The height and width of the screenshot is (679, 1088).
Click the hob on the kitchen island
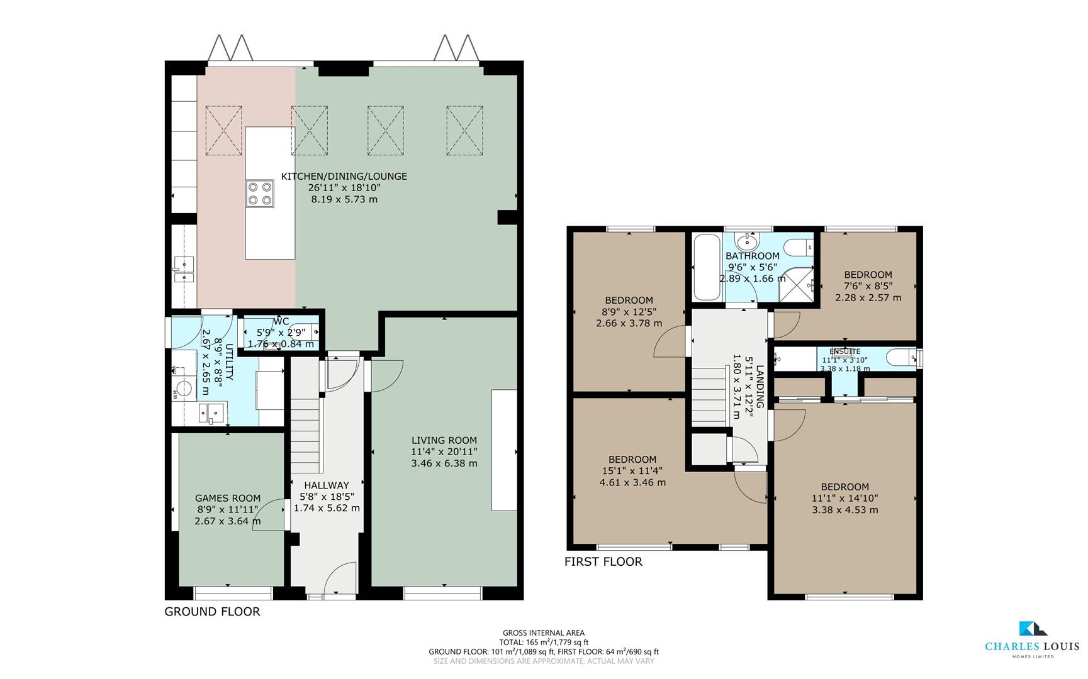[260, 193]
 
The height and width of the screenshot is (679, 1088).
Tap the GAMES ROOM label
[227, 498]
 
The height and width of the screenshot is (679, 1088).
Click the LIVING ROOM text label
[444, 441]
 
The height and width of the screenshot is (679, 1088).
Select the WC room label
[281, 322]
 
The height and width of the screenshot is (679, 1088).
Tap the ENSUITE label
[844, 351]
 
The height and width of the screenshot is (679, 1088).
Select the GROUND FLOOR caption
[212, 612]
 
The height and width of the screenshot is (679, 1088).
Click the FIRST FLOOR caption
[603, 562]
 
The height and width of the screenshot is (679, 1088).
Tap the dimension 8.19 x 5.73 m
[344, 199]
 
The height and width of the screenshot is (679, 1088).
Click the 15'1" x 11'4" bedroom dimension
[632, 471]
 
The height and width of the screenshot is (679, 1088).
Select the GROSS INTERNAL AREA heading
[543, 633]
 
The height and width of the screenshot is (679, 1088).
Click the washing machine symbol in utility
[184, 388]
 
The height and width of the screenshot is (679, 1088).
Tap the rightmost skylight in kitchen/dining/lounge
[464, 131]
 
